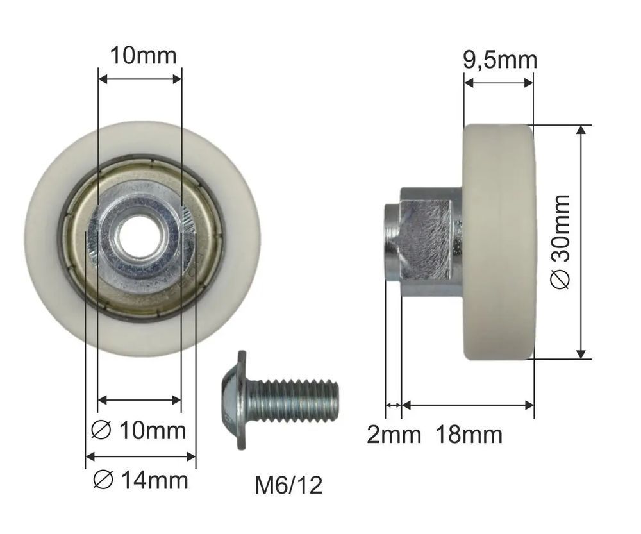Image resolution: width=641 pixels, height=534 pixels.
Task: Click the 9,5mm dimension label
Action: tap(499, 60)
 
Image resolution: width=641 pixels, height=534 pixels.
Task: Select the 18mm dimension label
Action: tap(469, 435)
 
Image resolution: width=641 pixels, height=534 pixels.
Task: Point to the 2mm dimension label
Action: tap(394, 435)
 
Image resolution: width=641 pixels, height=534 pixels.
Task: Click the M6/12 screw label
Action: tap(288, 485)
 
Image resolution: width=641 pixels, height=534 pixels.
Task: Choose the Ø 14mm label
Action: tap(140, 480)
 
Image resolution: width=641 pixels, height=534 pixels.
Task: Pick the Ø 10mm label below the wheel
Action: tap(138, 431)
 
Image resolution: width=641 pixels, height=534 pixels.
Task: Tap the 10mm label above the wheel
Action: tap(143, 56)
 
